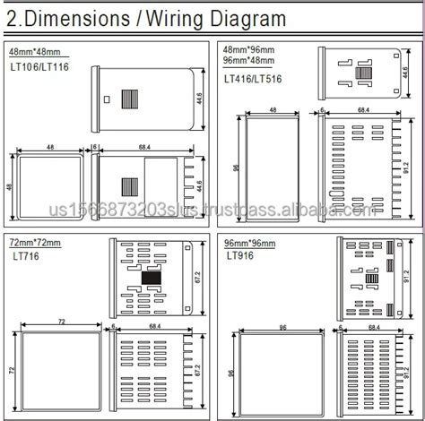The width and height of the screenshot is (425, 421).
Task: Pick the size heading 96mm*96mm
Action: click(247, 244)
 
